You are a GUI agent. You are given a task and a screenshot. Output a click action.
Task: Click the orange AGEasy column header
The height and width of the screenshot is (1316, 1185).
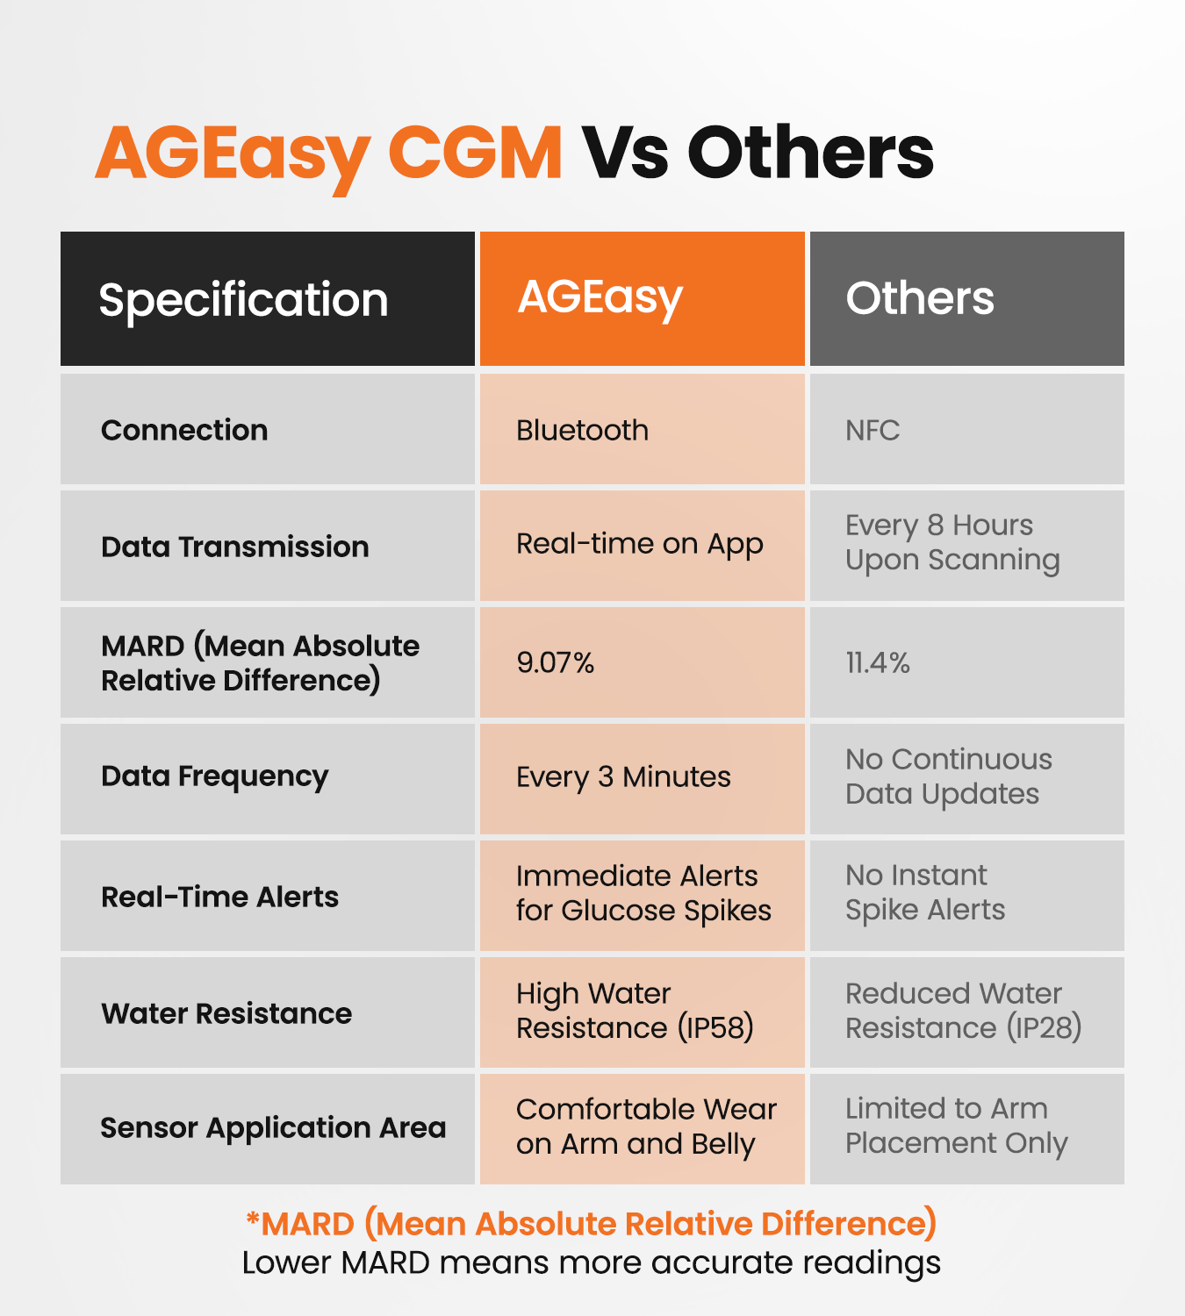(x=642, y=298)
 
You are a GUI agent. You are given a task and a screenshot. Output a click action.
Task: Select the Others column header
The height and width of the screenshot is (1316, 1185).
(x=966, y=298)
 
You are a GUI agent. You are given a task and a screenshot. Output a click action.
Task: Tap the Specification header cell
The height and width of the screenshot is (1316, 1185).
(x=267, y=299)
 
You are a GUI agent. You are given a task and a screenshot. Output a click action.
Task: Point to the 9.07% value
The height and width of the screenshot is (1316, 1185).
(x=555, y=662)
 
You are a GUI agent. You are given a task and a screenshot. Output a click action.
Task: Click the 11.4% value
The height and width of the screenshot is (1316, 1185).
(x=877, y=662)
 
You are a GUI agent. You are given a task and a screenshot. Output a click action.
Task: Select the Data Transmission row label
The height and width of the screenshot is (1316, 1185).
(x=234, y=547)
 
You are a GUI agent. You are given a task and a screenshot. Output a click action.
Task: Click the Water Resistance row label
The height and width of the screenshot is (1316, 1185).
(x=226, y=1013)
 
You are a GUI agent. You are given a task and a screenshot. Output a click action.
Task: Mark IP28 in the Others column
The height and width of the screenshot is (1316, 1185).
(x=1044, y=1027)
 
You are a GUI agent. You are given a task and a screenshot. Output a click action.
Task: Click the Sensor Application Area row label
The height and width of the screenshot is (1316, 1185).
(x=273, y=1128)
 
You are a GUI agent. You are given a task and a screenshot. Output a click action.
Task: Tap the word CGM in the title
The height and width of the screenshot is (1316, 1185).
(x=475, y=153)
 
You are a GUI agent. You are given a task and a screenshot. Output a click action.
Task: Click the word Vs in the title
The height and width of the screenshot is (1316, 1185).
(x=625, y=153)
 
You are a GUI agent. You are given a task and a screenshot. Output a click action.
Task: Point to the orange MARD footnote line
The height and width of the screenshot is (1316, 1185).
(x=592, y=1223)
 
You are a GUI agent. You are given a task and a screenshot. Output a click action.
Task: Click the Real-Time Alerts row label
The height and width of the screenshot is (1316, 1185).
(x=219, y=897)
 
